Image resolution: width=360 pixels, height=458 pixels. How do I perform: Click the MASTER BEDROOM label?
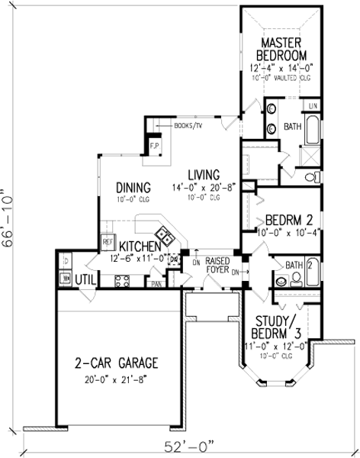point(282,48)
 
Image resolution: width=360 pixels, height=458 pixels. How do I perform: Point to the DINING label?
point(133,187)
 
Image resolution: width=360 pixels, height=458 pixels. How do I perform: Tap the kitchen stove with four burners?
point(123,280)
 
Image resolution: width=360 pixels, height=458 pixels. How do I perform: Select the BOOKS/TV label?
point(188,124)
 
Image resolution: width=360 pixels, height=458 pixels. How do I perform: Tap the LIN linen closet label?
point(312,105)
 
